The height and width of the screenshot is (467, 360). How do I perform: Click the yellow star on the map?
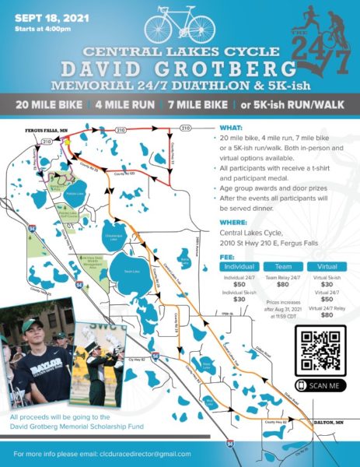pos(68,144)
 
